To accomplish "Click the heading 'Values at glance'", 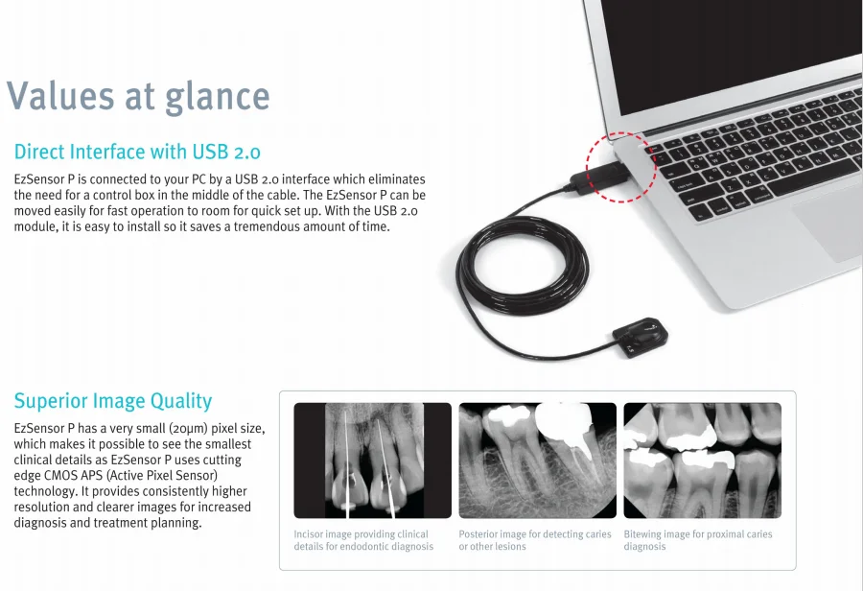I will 138,96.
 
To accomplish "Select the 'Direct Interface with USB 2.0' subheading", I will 137,152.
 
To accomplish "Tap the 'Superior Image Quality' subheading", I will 113,401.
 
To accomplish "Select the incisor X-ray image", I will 372,461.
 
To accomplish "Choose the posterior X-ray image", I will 537,461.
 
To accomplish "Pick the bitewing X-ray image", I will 702,461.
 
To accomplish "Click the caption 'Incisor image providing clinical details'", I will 362,540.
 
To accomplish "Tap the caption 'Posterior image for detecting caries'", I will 534,540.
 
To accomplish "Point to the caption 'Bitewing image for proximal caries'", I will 697,540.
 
